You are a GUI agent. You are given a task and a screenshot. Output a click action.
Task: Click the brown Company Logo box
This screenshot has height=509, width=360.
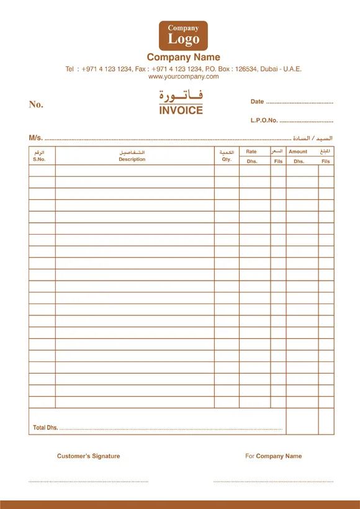click(x=183, y=35)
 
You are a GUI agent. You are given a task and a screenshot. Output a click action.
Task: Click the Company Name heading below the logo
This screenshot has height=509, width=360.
click(x=183, y=58)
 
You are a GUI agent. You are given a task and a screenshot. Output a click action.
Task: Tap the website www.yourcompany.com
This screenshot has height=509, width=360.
click(x=183, y=76)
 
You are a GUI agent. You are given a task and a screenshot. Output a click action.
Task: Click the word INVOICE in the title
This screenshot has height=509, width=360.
click(x=181, y=110)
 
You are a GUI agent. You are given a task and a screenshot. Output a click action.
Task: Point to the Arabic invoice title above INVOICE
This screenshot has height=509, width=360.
click(x=181, y=97)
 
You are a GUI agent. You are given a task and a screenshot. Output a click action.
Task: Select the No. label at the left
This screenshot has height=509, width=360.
click(x=36, y=104)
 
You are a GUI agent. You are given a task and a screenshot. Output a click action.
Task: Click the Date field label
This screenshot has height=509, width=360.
click(x=257, y=102)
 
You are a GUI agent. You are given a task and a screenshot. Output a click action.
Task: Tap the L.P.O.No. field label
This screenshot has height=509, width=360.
click(x=264, y=120)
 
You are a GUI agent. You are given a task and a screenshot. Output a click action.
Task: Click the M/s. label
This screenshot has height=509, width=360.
click(x=35, y=137)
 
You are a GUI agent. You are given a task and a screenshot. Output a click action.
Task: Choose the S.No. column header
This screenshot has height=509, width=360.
click(x=39, y=160)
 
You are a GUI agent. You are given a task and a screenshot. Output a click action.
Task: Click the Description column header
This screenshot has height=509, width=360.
click(x=132, y=160)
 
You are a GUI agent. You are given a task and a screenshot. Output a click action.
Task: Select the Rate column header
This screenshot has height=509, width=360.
click(x=251, y=151)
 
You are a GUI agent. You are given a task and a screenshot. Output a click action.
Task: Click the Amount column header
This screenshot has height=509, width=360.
click(x=298, y=151)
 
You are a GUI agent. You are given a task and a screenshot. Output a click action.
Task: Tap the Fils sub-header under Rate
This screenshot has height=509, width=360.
click(x=278, y=161)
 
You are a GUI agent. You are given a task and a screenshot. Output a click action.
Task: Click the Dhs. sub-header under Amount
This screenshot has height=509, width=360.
click(x=299, y=161)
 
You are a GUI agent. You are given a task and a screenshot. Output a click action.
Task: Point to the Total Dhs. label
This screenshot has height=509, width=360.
click(x=45, y=428)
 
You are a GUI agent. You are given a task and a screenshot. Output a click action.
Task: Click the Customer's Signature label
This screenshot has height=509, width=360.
click(x=88, y=456)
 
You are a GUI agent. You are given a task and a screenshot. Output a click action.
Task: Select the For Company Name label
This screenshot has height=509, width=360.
click(x=273, y=456)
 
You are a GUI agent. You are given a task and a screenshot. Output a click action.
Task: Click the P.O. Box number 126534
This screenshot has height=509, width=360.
click(x=250, y=69)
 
